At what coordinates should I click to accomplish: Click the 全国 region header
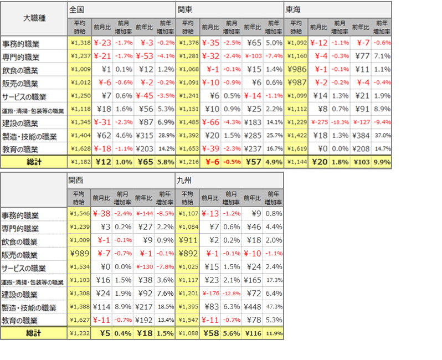77,10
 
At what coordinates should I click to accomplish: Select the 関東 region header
185,10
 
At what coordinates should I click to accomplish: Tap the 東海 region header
293,10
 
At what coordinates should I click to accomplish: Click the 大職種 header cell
34,18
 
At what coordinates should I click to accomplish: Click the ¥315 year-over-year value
144,135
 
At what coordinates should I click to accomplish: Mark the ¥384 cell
361,135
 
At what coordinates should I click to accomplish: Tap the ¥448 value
253,307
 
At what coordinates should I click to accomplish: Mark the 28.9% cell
165,135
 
